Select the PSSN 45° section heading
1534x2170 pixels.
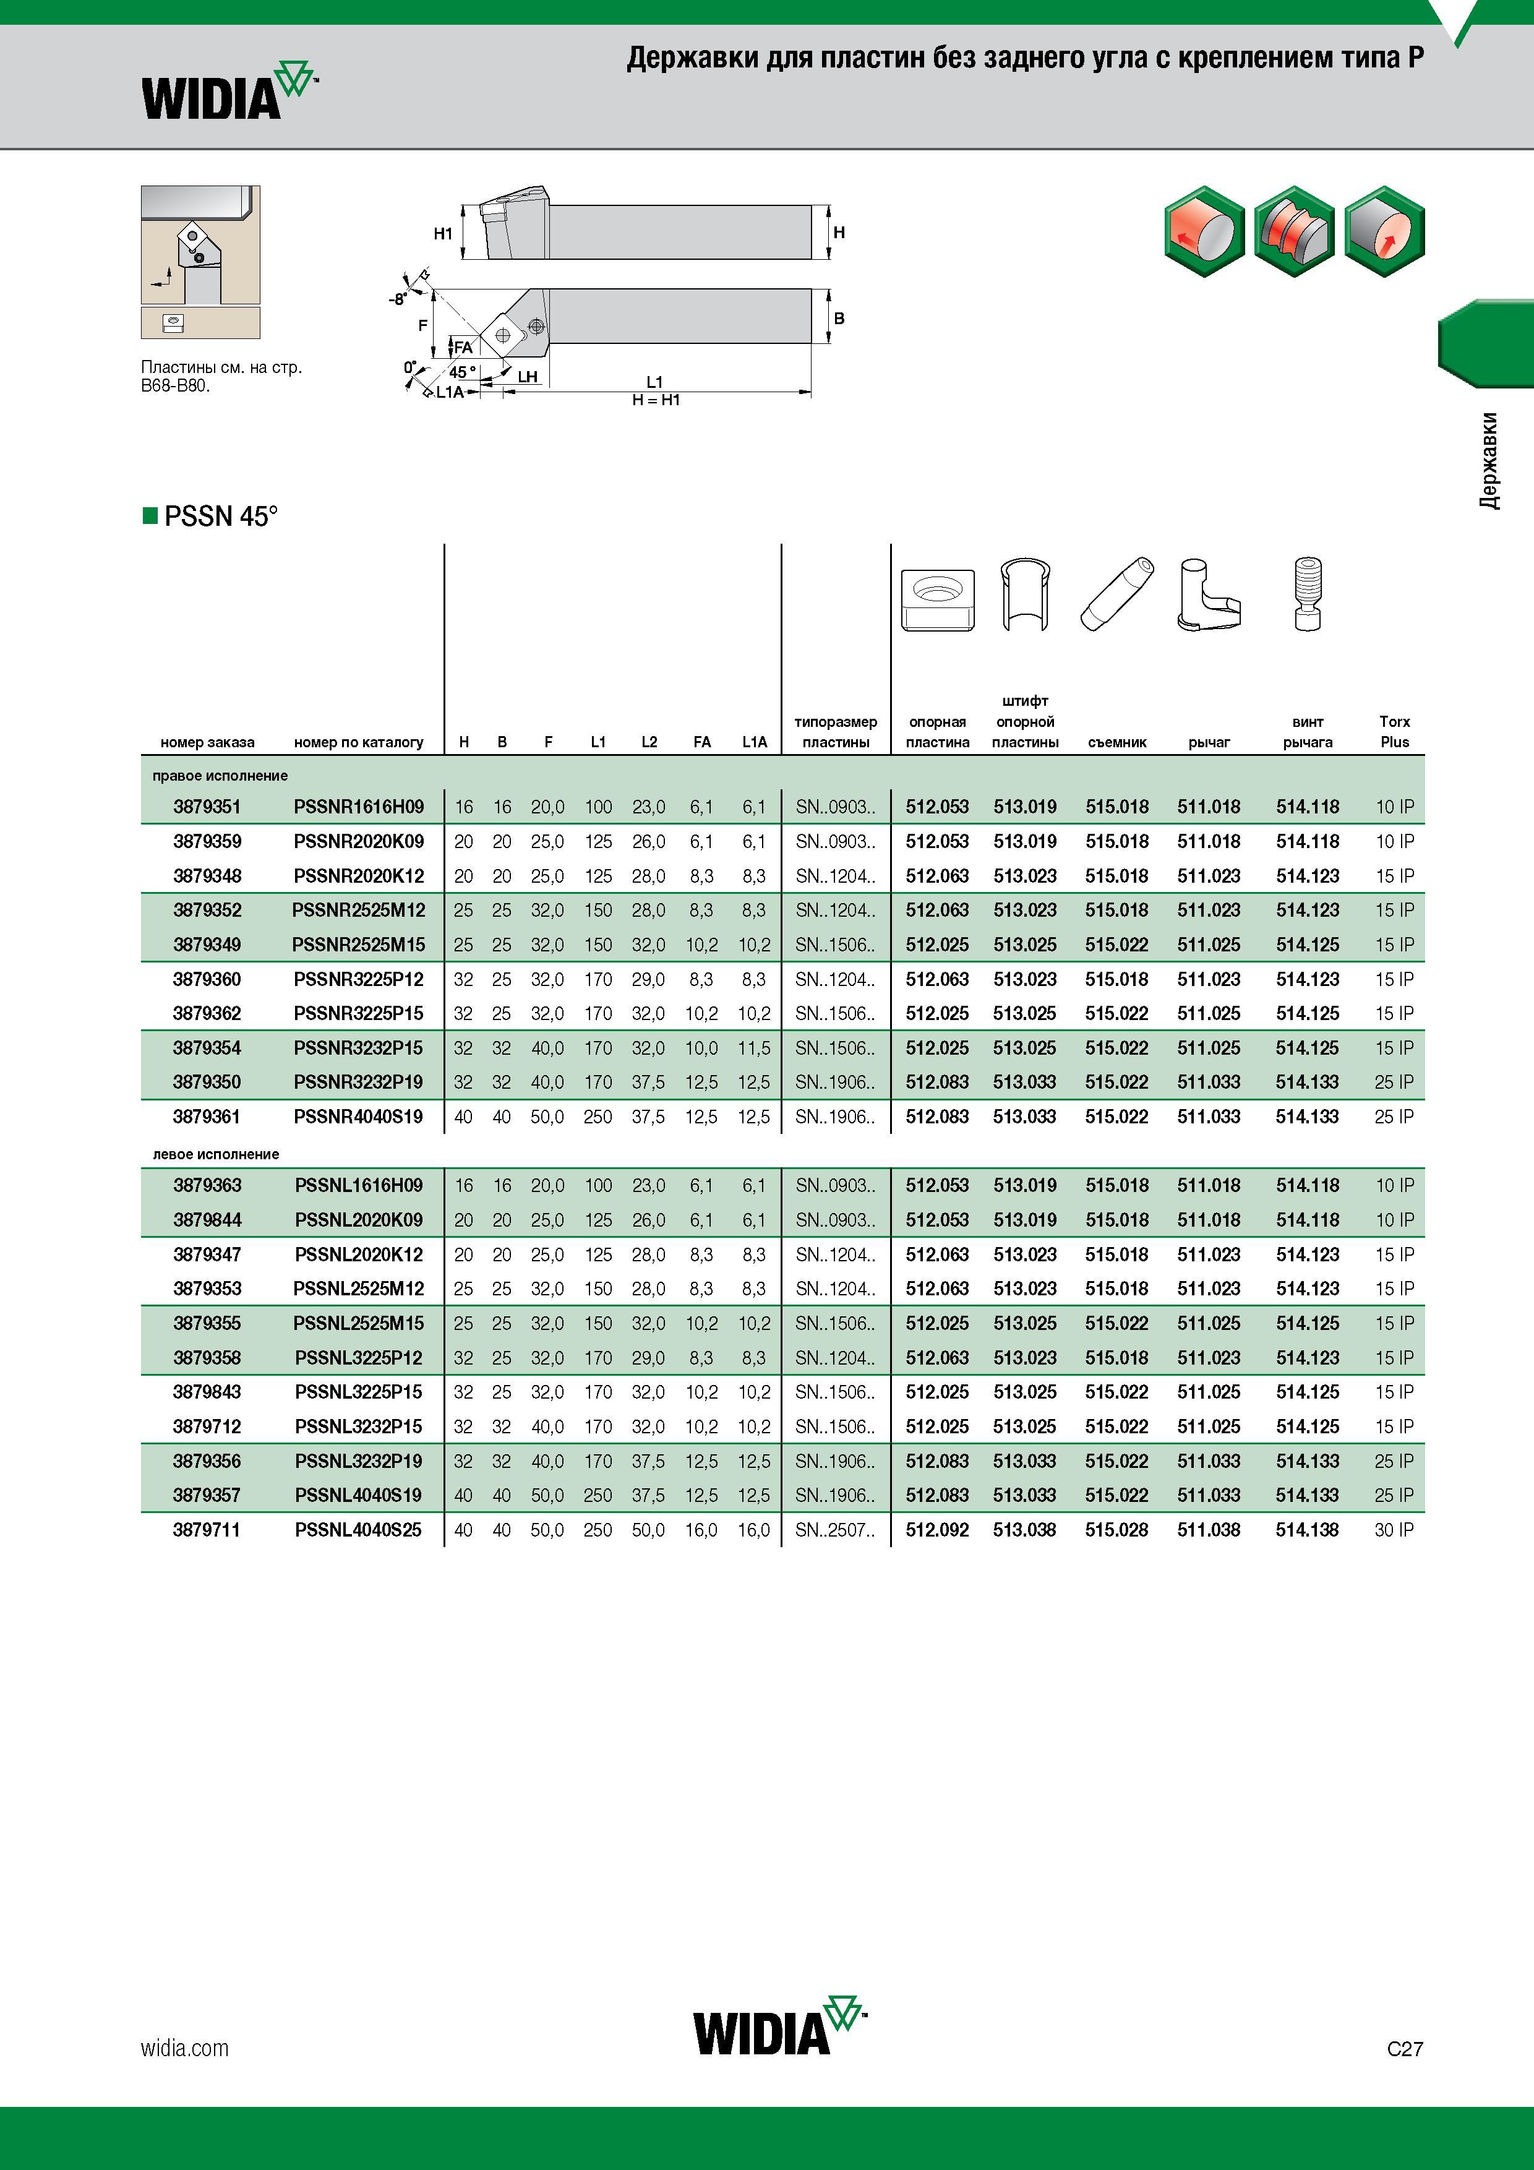(211, 516)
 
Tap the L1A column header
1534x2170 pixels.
(754, 742)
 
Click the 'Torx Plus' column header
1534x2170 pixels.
(1394, 732)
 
